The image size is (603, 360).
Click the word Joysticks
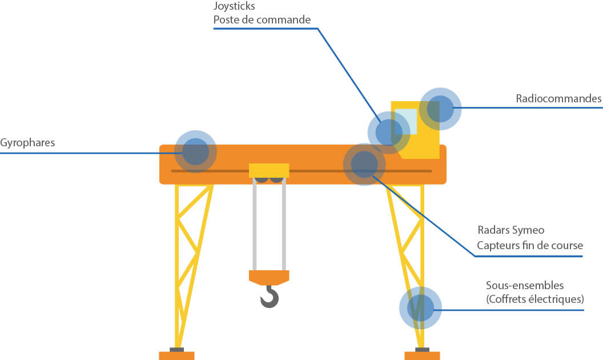tap(234, 7)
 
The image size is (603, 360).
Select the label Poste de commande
tap(262, 21)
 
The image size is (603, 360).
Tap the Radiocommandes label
tap(558, 99)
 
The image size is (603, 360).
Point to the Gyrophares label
tap(27, 143)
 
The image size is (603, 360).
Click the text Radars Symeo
tap(511, 230)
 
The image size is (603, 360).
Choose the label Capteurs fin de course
tap(530, 246)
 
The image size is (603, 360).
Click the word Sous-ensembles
tap(525, 285)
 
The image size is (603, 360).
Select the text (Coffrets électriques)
tap(535, 299)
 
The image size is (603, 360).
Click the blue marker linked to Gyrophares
tap(195, 152)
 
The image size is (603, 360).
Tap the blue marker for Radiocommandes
tap(440, 108)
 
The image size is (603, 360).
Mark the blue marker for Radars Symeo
tap(364, 165)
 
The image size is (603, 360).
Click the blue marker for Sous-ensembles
tap(421, 308)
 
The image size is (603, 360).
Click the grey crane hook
tap(270, 297)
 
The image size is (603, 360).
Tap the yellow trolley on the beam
tap(269, 170)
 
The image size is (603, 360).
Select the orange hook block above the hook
tap(269, 277)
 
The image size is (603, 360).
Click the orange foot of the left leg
tap(176, 355)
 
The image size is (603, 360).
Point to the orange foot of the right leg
tap(422, 355)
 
